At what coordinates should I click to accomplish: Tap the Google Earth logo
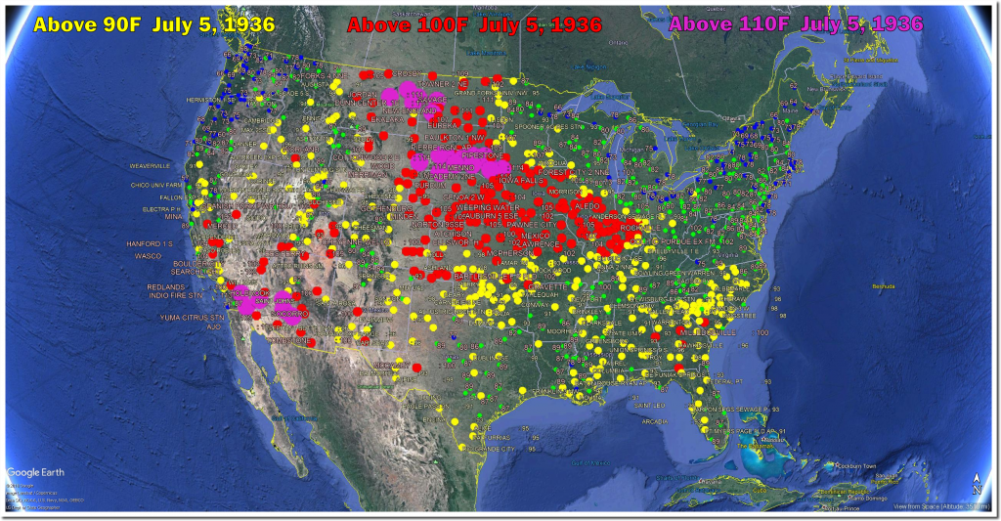tap(35, 472)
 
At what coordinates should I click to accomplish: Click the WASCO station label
tap(148, 255)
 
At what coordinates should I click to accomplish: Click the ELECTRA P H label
tap(162, 208)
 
